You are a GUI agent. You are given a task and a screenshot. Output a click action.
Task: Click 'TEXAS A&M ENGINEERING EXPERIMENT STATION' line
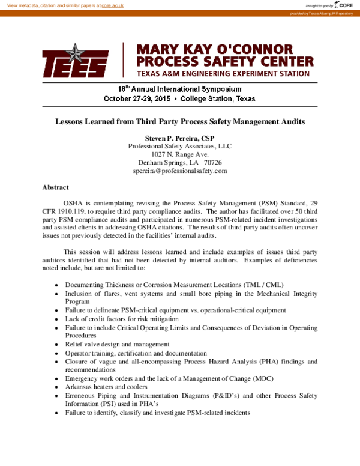(223, 74)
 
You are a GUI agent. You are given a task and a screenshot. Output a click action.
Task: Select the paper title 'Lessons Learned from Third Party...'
(180, 121)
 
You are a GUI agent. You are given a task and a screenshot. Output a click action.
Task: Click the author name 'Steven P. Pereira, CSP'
(180, 138)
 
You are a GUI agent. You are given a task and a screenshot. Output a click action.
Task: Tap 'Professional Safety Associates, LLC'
(180, 146)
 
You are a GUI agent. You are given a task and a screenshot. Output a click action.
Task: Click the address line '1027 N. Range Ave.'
(180, 154)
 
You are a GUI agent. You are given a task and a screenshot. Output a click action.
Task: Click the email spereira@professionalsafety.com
(180, 171)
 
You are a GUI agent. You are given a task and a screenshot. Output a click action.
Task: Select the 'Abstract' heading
(55, 187)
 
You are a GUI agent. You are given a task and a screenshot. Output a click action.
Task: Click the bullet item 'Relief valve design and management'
(117, 345)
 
